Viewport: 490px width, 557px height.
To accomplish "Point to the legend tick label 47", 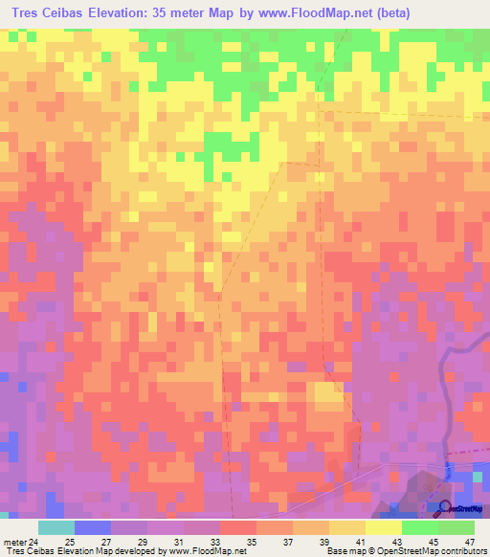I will tap(470, 541).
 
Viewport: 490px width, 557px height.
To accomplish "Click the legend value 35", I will tap(251, 541).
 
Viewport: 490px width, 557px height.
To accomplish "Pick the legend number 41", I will tap(359, 541).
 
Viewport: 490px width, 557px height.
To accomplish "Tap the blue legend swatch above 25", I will tap(92, 527).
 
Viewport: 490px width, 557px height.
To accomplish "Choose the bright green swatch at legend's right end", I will tap(457, 527).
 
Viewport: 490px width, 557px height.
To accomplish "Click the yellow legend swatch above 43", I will tap(384, 527).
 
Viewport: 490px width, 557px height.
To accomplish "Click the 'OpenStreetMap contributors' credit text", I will tap(435, 551).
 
